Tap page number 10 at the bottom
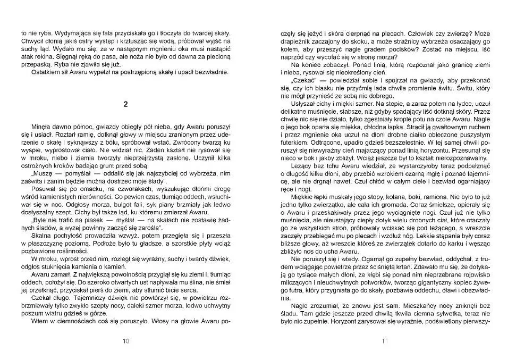(126, 341)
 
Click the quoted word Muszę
(44, 173)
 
